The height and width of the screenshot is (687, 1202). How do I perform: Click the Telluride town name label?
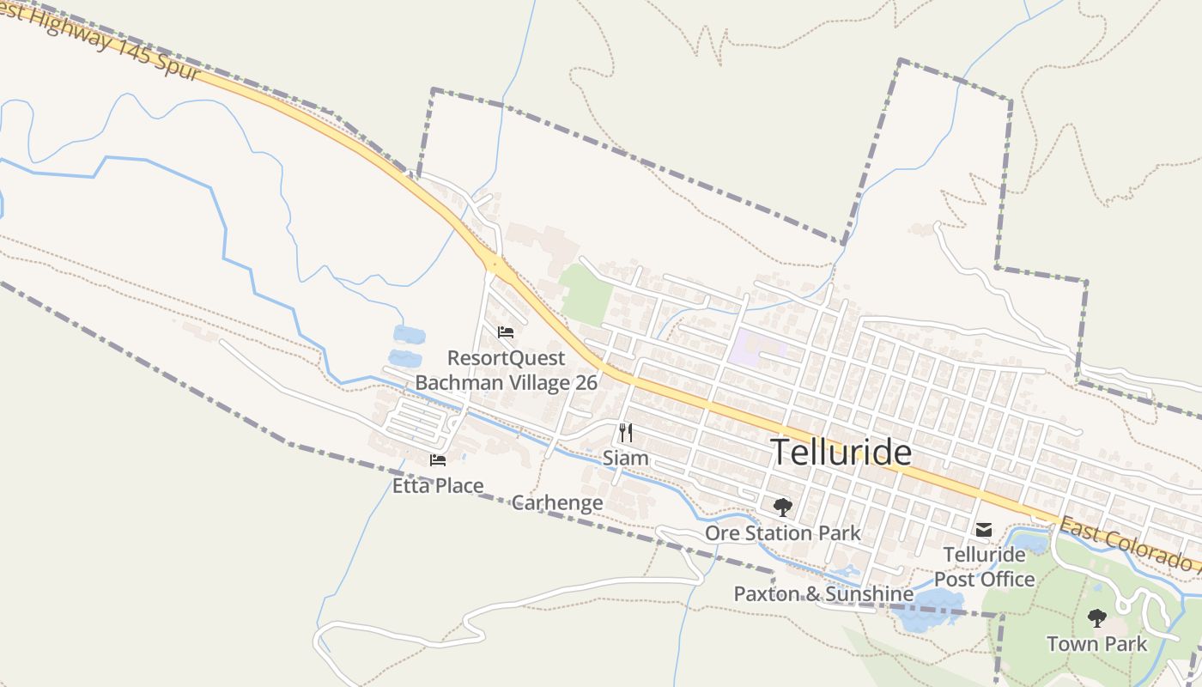coord(841,453)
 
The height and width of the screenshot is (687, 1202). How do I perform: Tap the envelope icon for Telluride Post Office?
coord(984,530)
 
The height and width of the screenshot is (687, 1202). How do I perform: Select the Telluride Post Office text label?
coord(985,567)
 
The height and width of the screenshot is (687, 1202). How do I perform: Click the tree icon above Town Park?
coord(1096,617)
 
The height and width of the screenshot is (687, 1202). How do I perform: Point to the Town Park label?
coord(1096,643)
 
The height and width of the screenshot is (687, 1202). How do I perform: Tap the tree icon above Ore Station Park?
coord(782,507)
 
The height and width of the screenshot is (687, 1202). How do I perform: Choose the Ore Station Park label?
coord(782,533)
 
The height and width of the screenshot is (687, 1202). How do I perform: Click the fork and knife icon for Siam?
coord(626,432)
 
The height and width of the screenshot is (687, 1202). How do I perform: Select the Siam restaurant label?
coord(625,458)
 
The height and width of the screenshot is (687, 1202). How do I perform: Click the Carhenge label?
coord(557,502)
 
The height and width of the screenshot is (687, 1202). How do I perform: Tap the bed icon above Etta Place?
coord(438,460)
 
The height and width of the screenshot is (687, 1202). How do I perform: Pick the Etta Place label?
coord(438,486)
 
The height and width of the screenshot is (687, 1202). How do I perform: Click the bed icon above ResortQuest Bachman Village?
coord(506,332)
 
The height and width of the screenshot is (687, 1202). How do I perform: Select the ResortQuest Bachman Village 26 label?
coord(506,370)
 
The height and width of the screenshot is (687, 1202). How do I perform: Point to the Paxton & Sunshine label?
coord(823,593)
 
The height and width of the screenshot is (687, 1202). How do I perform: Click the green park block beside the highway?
coord(586,295)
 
